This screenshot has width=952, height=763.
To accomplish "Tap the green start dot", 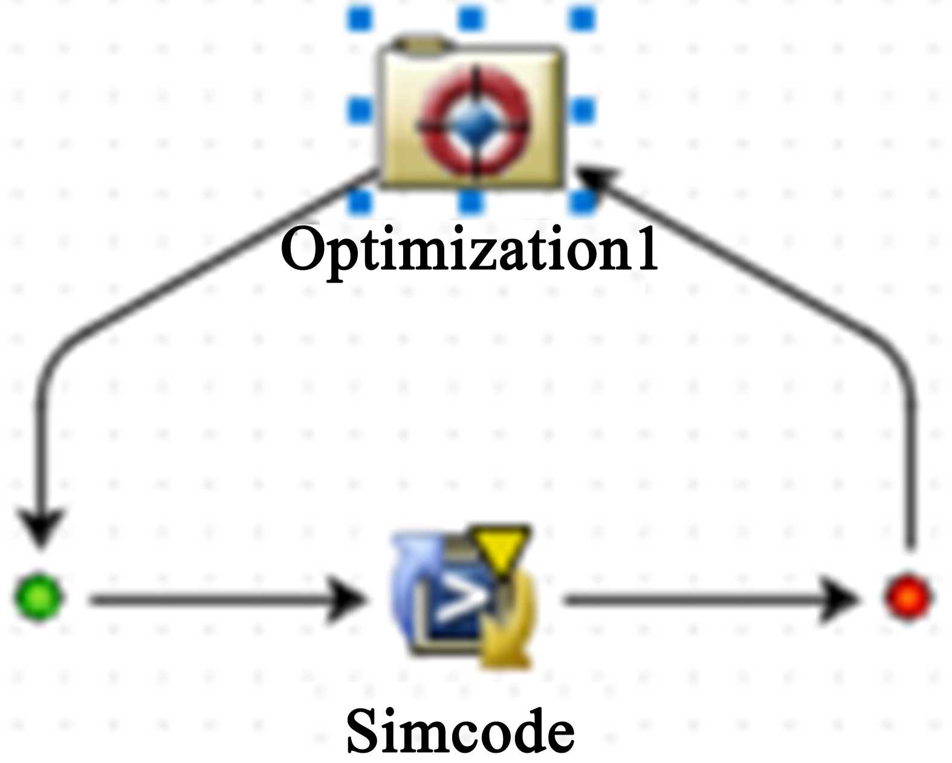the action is click(37, 597).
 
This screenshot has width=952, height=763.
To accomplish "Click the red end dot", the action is click(908, 597).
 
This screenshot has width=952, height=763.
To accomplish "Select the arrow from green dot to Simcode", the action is click(224, 600).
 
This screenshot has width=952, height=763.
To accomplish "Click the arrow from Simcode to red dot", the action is click(707, 600).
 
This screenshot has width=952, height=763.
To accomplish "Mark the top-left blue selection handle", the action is click(361, 19).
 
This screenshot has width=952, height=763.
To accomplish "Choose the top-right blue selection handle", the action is click(583, 19).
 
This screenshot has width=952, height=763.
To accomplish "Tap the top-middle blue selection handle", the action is click(471, 19).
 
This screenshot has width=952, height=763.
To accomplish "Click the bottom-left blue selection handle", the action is click(361, 201).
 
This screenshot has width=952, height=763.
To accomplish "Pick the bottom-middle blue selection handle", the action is click(471, 201).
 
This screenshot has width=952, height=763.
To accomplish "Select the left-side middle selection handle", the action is click(361, 110).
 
